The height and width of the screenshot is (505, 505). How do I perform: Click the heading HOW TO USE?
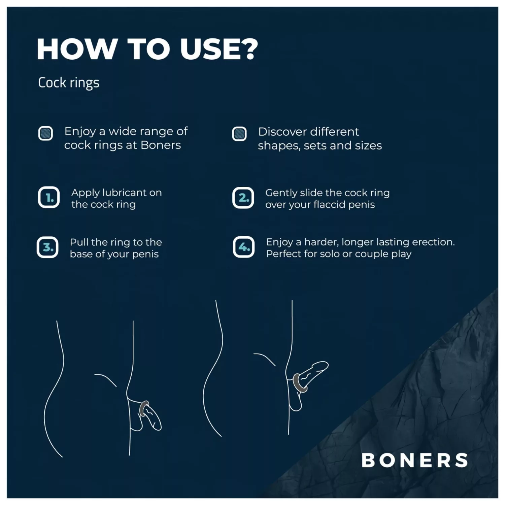point(147,49)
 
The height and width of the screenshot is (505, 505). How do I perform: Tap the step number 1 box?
point(49,198)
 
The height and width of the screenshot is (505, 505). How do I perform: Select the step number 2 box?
point(243,198)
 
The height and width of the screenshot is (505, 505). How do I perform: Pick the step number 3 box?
point(47,247)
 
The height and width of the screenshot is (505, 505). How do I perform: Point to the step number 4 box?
point(243,247)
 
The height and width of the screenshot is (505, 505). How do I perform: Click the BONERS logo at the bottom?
point(414,460)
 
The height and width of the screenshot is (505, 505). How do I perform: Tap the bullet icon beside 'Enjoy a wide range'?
point(45,133)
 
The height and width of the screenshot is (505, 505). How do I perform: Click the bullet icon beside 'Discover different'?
point(239,134)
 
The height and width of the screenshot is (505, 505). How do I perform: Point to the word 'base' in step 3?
point(81,254)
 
